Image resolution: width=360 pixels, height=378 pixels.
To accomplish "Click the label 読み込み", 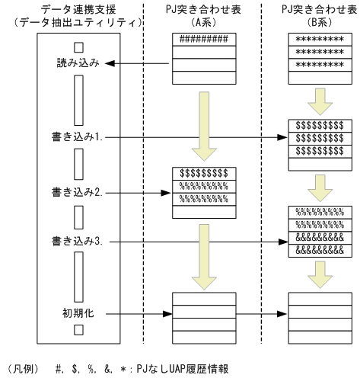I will pyautogui.click(x=78, y=64).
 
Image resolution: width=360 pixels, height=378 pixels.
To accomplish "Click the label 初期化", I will pyautogui.click(x=78, y=312).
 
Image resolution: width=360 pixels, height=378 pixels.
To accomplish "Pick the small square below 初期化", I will pyautogui.click(x=78, y=330).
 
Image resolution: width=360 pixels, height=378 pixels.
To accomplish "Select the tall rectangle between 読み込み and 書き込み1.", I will pyautogui.click(x=78, y=99).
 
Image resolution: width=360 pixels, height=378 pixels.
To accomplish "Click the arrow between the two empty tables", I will pyautogui.click(x=263, y=312).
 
